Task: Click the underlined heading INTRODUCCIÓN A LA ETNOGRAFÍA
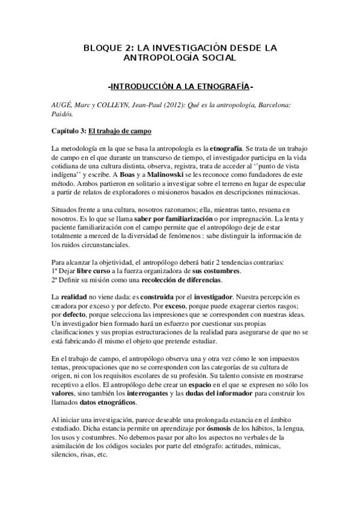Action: [x=180, y=86]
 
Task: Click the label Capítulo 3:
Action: [x=67, y=131]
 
